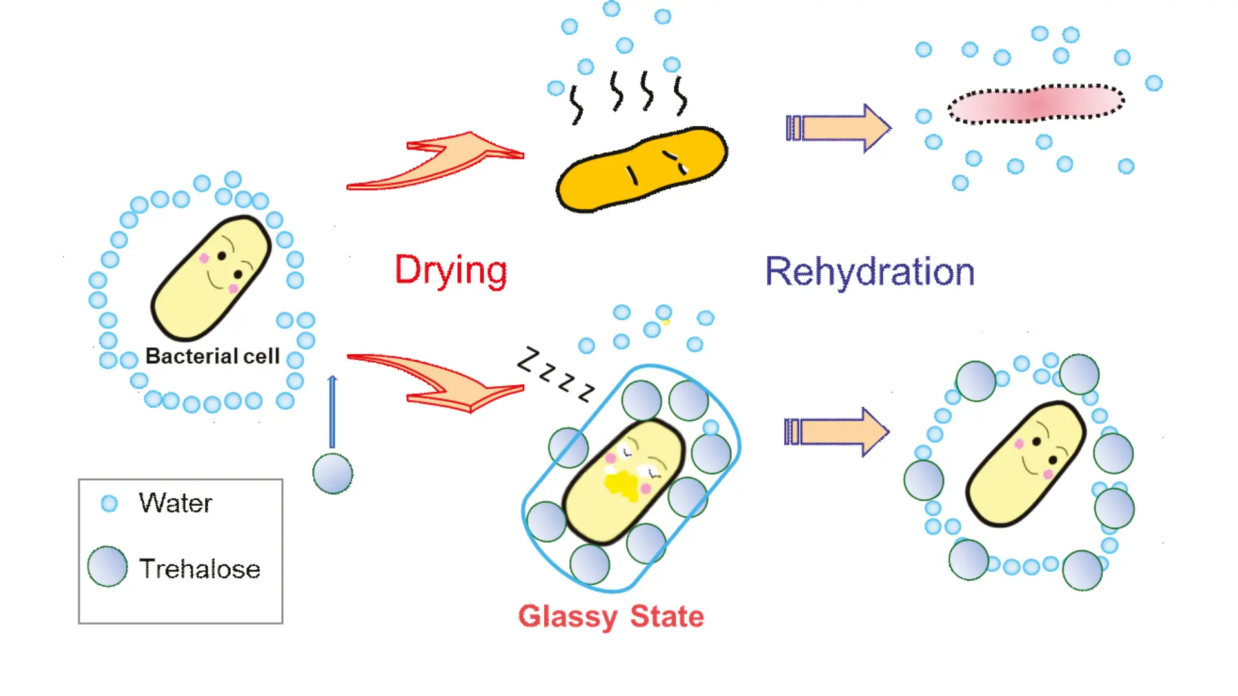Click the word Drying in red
click(x=451, y=271)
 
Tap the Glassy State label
click(x=611, y=617)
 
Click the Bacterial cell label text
click(x=212, y=356)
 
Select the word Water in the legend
click(x=175, y=503)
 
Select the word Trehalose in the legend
click(x=200, y=569)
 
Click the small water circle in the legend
click(x=110, y=503)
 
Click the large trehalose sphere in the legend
click(x=108, y=566)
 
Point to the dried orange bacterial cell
click(x=642, y=169)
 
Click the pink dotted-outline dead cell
click(x=1036, y=103)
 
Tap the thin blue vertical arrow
click(x=332, y=412)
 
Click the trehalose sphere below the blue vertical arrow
click(x=333, y=474)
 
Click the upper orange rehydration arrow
click(x=838, y=128)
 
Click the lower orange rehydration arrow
click(x=837, y=432)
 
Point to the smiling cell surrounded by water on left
click(x=211, y=278)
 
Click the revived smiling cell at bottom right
click(x=1025, y=463)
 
